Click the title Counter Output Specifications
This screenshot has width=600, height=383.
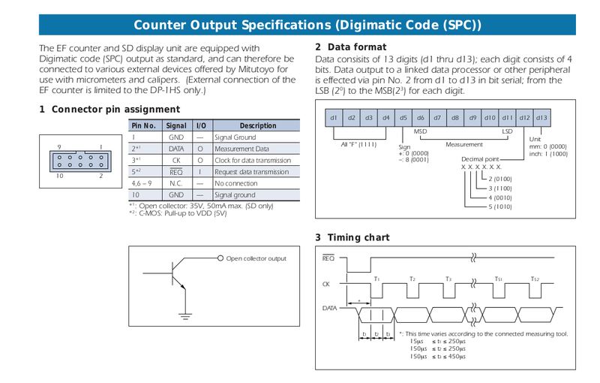pyautogui.click(x=307, y=26)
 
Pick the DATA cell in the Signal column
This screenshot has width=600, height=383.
pyautogui.click(x=176, y=149)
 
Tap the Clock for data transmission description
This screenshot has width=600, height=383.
pyautogui.click(x=252, y=160)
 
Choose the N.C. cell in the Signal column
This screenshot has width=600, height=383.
pyautogui.click(x=176, y=182)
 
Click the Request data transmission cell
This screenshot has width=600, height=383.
pyautogui.click(x=251, y=171)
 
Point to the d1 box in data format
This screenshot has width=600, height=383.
pyautogui.click(x=334, y=118)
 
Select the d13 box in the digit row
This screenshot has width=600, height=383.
pyautogui.click(x=541, y=118)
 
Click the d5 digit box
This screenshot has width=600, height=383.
pyautogui.click(x=403, y=118)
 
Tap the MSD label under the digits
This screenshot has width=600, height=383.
pyautogui.click(x=420, y=131)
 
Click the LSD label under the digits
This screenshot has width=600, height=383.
pyautogui.click(x=507, y=131)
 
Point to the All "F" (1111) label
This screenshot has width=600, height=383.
pyautogui.click(x=358, y=143)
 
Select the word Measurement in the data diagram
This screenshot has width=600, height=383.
pyautogui.click(x=464, y=143)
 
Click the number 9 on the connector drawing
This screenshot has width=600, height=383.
pyautogui.click(x=58, y=147)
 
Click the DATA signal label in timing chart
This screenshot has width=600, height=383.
pyautogui.click(x=330, y=308)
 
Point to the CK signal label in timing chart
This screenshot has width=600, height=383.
pyautogui.click(x=326, y=284)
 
